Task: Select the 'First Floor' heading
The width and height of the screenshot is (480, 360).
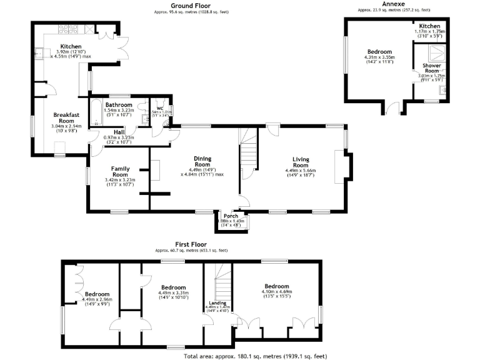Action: [x=190, y=244]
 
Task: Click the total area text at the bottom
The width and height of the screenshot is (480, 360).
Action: [x=256, y=356]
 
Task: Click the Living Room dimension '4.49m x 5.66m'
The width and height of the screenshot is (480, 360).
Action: [x=300, y=169]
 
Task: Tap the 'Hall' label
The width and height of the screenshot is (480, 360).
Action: [x=119, y=132]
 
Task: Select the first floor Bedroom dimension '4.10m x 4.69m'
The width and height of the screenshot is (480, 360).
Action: [x=276, y=292]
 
